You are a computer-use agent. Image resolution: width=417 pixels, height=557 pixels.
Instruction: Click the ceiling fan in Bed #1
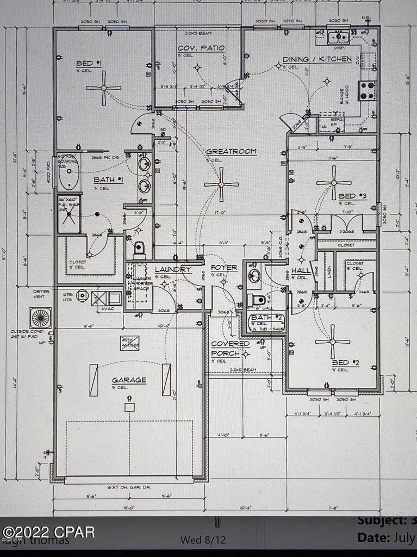(103, 88)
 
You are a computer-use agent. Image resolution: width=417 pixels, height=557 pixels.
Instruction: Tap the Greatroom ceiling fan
(221, 184)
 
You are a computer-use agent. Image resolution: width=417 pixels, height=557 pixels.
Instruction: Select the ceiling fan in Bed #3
(334, 183)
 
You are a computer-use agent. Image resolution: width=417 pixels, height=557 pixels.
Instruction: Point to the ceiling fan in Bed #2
(332, 342)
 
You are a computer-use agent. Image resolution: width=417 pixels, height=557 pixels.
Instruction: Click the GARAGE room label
(129, 380)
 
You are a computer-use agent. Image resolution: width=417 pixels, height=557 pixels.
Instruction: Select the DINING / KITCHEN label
(316, 59)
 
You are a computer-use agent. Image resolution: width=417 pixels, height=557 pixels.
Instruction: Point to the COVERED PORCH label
(230, 349)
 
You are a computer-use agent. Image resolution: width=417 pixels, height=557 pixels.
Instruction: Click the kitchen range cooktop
(367, 90)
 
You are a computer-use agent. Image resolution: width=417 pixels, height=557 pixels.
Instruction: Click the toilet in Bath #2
(257, 300)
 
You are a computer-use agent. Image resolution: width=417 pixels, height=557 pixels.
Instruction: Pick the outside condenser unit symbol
(41, 318)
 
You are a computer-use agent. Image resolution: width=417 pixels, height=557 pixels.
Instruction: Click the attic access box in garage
(129, 343)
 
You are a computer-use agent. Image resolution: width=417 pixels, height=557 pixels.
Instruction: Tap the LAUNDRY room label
(173, 269)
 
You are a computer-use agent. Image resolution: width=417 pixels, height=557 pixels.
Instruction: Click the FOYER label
(224, 268)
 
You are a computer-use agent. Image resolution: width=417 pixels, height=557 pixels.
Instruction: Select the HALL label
(300, 270)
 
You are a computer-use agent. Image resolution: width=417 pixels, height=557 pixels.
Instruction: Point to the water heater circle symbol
(82, 295)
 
